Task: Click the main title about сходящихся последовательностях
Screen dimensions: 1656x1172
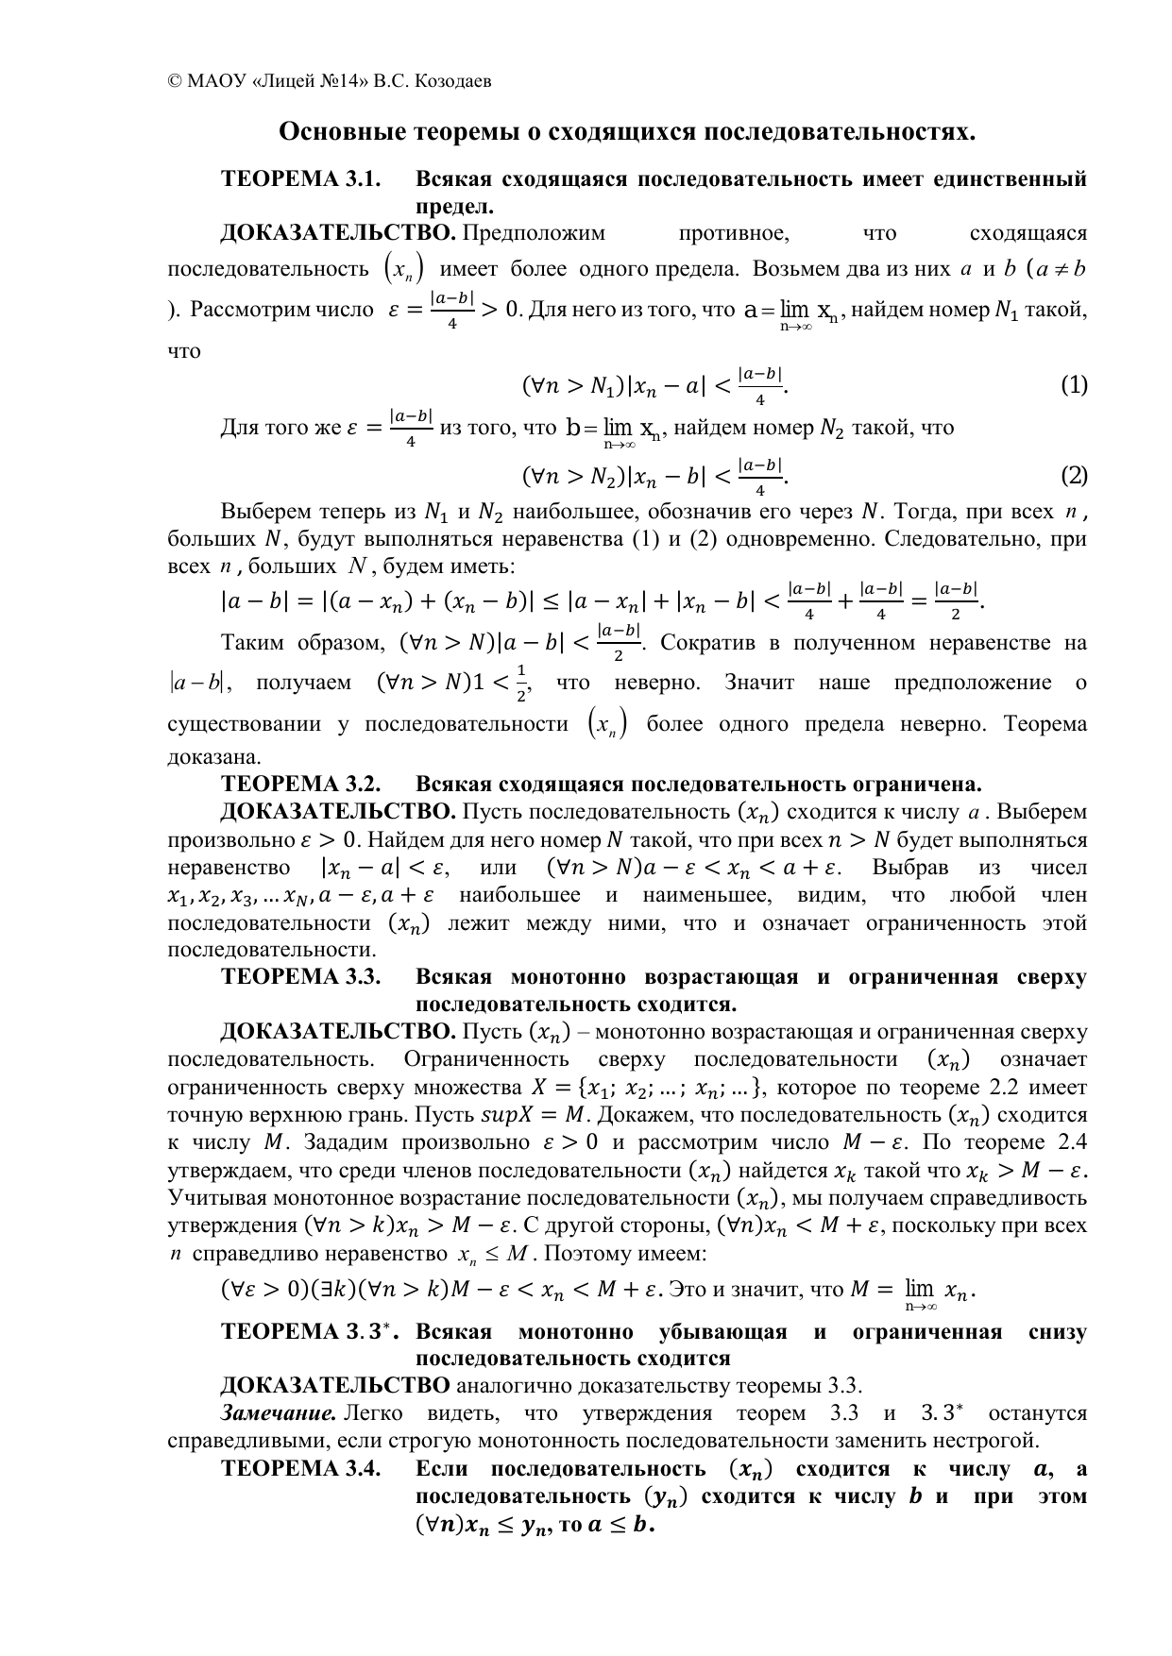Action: point(626,131)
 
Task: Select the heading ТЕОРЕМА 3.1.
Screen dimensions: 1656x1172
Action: point(299,179)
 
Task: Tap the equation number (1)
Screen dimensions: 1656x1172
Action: point(1074,385)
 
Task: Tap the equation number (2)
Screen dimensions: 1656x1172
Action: point(1074,476)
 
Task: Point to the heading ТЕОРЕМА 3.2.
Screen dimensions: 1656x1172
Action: point(299,785)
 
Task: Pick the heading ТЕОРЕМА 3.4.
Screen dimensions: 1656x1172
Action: point(300,1469)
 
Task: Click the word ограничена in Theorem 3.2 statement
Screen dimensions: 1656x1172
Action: point(918,785)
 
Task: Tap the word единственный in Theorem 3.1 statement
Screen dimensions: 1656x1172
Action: point(1009,179)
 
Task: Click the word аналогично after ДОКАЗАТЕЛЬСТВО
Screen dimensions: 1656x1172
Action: point(511,1386)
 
